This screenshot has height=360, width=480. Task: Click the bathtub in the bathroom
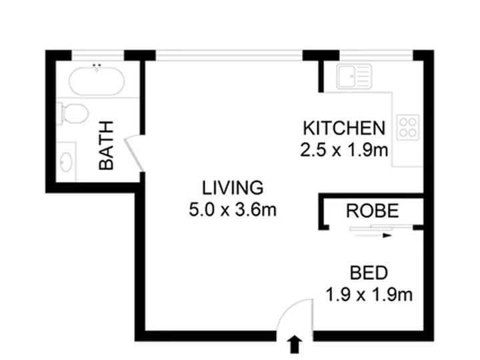(97, 81)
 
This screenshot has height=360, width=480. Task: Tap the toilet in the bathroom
(73, 114)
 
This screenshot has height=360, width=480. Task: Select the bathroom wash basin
(66, 161)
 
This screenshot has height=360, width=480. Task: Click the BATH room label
(106, 145)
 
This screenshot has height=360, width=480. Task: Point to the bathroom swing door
(133, 154)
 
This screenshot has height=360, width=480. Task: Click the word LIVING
(233, 187)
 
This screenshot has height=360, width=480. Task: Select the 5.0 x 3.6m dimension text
(233, 210)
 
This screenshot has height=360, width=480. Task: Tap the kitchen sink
(354, 76)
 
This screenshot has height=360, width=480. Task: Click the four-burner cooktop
(408, 127)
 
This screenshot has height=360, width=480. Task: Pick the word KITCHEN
(344, 128)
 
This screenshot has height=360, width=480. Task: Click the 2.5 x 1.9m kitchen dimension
(344, 150)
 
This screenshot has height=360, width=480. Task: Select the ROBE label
(372, 211)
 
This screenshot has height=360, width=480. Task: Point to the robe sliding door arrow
(373, 235)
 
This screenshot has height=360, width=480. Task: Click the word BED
(369, 273)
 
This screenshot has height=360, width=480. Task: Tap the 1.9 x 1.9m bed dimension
(369, 295)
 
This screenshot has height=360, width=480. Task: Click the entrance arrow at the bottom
(295, 345)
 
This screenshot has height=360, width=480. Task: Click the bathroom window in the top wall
(97, 56)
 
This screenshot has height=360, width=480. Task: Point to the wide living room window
(229, 55)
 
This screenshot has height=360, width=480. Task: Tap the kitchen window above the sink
(376, 55)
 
